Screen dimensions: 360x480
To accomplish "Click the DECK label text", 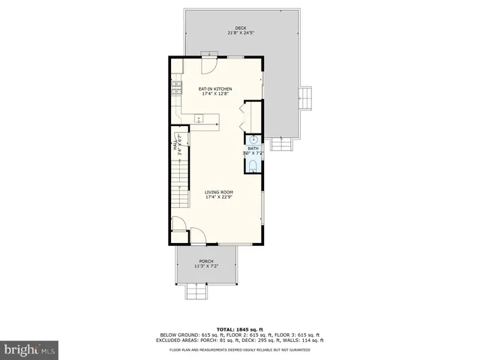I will [240, 28].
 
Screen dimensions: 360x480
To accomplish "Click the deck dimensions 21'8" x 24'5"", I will [240, 34].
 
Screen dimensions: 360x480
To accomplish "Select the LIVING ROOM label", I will [219, 192].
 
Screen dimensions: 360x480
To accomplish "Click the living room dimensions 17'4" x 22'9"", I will [219, 197].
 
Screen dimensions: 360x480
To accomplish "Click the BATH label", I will [253, 148].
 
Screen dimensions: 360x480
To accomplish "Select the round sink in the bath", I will [253, 140].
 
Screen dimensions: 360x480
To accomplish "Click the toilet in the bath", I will [253, 166].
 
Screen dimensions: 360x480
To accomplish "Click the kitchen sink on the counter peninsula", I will [199, 118].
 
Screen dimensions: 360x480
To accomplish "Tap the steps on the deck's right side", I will [305, 97].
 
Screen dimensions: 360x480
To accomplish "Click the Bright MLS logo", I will [30, 349].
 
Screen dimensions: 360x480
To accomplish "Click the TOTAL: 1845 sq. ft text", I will [240, 329].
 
